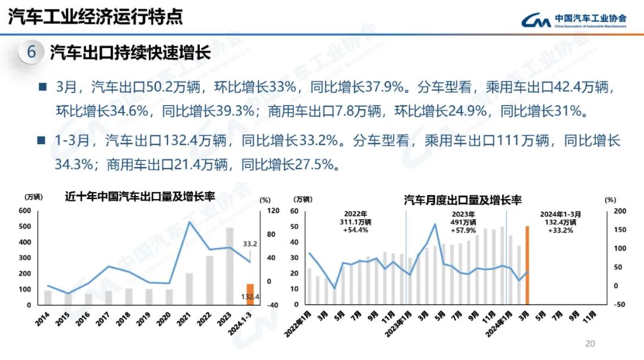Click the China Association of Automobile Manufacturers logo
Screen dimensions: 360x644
tap(573, 20)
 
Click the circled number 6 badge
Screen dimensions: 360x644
tap(32, 52)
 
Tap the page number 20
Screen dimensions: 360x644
tap(590, 343)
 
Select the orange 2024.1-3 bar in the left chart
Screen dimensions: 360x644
tap(250, 294)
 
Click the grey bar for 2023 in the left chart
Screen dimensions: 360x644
tap(230, 266)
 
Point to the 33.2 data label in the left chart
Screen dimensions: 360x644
tap(250, 244)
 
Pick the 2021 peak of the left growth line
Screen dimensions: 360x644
tap(189, 222)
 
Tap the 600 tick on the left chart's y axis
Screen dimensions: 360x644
tap(24, 211)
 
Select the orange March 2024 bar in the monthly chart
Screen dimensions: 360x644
tap(527, 265)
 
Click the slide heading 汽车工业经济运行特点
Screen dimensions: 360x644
tap(95, 17)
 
